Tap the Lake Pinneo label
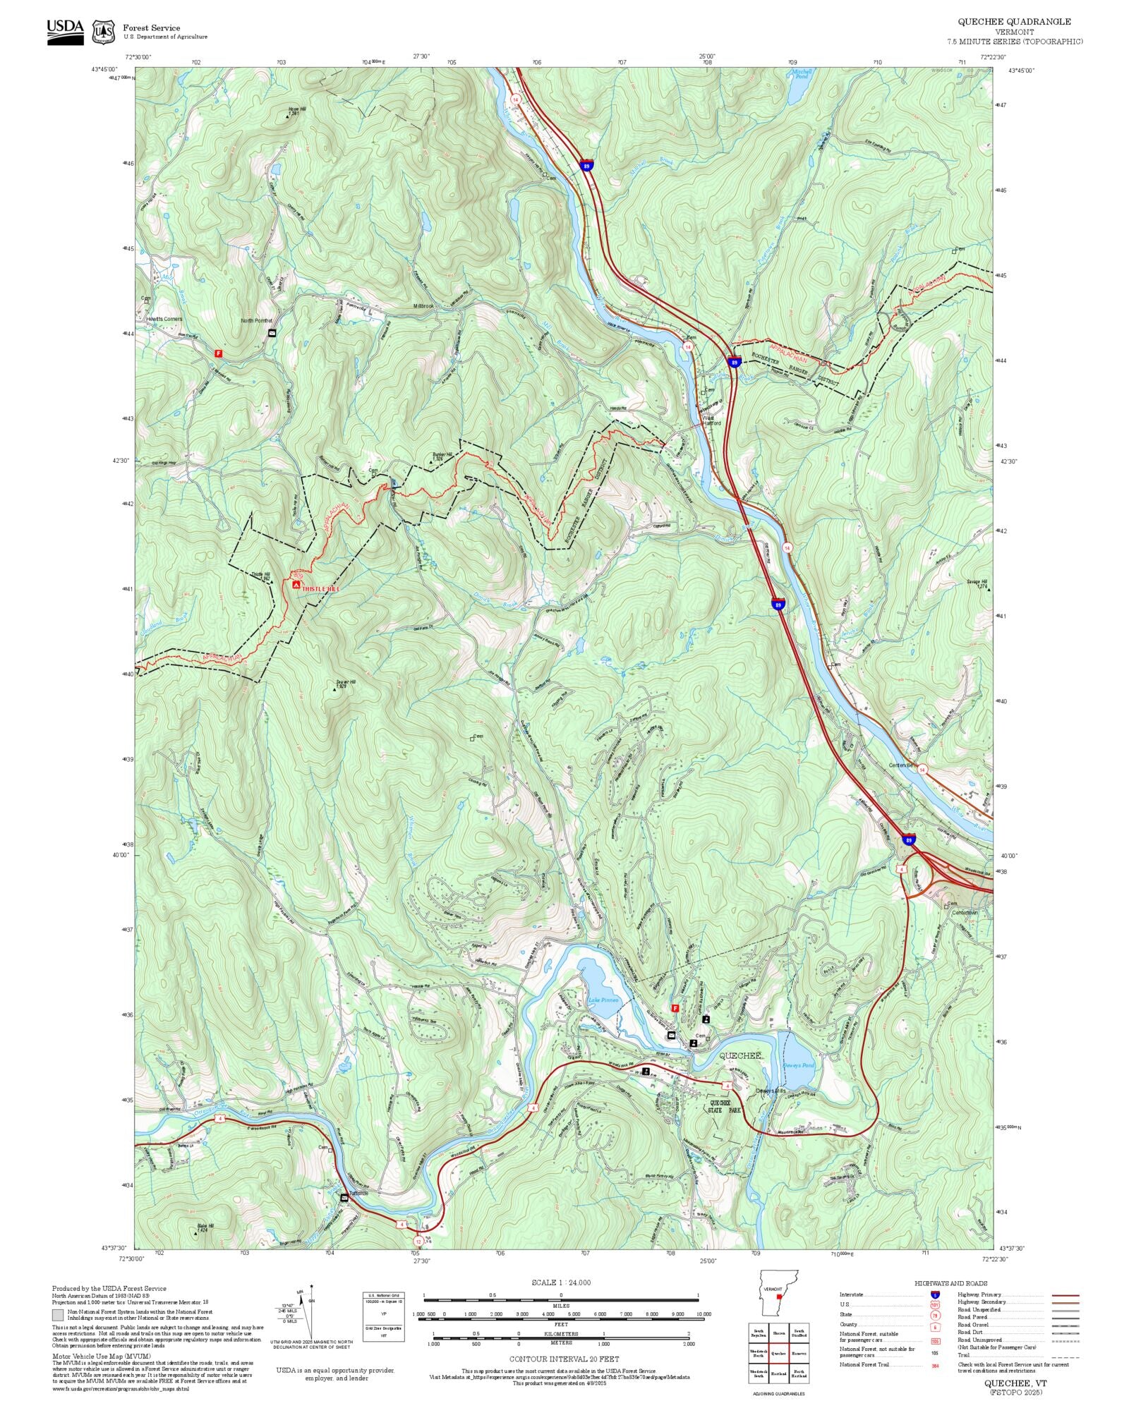click(x=603, y=1000)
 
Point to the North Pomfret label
click(x=256, y=320)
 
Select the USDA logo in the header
click(x=65, y=32)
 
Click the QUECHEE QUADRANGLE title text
click(x=1014, y=22)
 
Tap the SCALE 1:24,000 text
click(x=561, y=1282)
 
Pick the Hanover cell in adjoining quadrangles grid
click(x=799, y=1353)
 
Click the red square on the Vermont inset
click(x=779, y=1295)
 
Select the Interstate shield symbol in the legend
click(x=935, y=1294)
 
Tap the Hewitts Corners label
click(x=164, y=319)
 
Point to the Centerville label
click(x=901, y=765)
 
